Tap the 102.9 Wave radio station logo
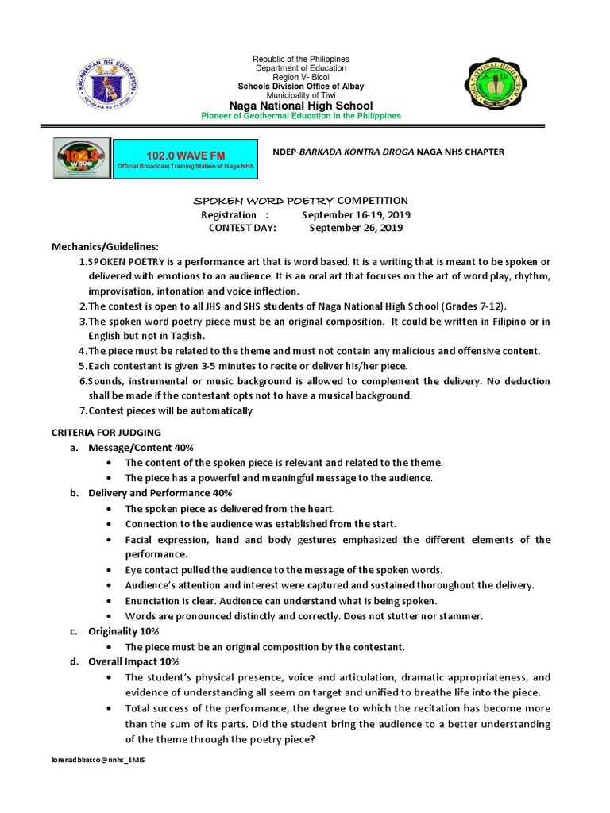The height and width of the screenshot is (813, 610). point(82,158)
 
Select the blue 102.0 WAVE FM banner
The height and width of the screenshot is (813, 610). point(186,158)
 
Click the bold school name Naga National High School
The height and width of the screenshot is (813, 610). point(300,106)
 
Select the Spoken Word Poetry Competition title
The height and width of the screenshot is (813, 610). point(302,201)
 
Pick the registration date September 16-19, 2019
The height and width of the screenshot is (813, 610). point(356,214)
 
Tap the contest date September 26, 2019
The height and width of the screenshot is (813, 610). point(356,228)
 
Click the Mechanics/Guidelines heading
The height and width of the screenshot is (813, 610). point(105,246)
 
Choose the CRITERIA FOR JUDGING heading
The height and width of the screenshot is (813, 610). point(106,432)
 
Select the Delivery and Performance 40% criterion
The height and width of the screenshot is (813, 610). point(160,493)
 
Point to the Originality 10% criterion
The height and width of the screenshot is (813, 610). point(123,631)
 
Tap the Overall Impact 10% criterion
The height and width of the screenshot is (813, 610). point(133,661)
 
